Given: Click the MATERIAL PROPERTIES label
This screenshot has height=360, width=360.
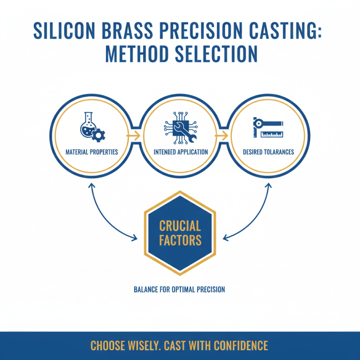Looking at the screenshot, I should click(91, 152).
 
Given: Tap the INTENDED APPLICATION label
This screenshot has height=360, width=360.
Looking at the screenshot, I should click(180, 152).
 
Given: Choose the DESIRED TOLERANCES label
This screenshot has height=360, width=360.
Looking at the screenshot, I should click(268, 152).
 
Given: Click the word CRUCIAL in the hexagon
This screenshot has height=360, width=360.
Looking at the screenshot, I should click(180, 225).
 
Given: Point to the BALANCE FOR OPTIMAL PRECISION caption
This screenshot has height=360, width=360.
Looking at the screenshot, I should click(180, 289).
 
